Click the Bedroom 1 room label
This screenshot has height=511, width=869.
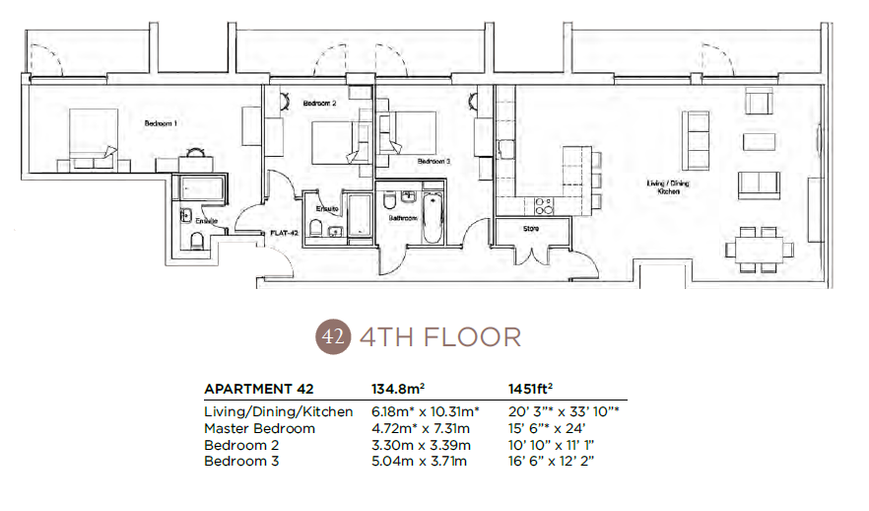(x=161, y=123)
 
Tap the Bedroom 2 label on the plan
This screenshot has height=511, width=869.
(x=320, y=104)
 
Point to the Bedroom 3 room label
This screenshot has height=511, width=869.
(x=434, y=161)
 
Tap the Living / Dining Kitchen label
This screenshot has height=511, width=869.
(x=664, y=186)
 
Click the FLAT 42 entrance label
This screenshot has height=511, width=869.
(x=285, y=234)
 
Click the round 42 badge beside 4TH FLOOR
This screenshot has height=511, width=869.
(x=332, y=336)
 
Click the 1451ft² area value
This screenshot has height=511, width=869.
(x=530, y=389)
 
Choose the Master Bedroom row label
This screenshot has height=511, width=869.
(x=259, y=428)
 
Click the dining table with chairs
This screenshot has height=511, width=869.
(x=761, y=249)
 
